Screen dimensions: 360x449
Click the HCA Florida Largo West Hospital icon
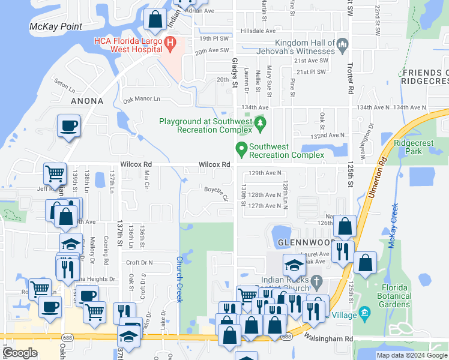pos(170,43)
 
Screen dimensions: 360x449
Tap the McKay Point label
pos(56,26)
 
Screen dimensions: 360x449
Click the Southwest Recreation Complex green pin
pos(241,148)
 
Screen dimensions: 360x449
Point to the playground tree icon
pos(260,124)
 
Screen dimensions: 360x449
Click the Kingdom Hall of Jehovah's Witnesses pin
pos(343,44)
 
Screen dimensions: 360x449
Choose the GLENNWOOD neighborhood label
pos(303,242)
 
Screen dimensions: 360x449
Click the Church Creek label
pos(179,280)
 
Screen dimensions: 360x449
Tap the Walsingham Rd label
pos(328,339)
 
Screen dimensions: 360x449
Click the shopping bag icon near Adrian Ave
pos(155,20)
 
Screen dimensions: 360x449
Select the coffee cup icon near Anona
pos(68,127)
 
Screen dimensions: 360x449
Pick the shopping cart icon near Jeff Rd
pos(55,174)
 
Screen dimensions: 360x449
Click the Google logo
pos(20,353)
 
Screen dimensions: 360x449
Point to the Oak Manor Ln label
pos(142,99)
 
